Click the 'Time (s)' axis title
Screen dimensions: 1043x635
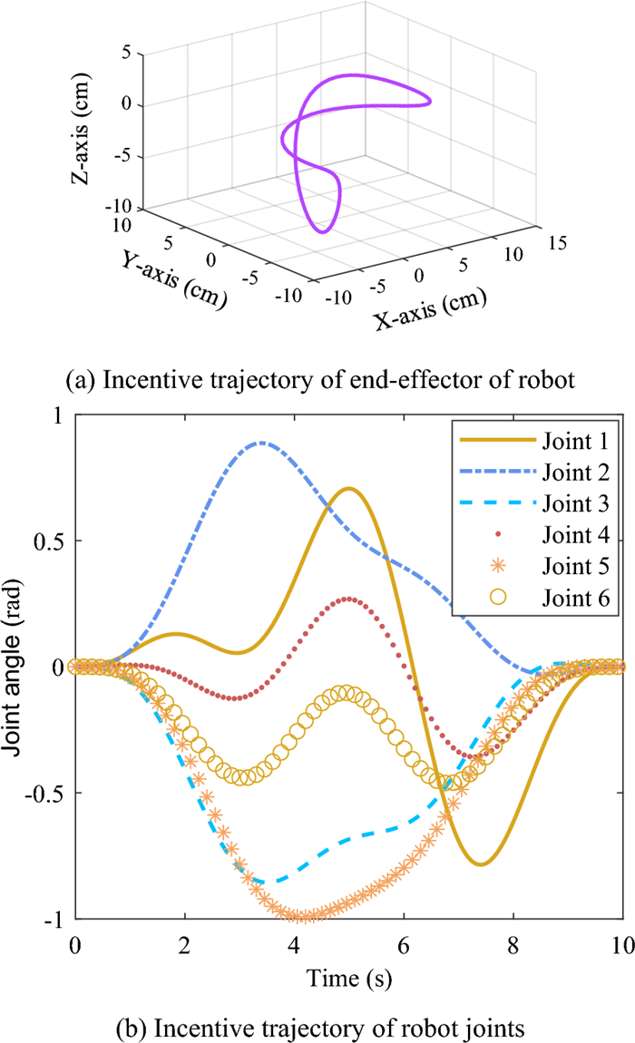348,980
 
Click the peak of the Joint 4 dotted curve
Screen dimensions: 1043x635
348,599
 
